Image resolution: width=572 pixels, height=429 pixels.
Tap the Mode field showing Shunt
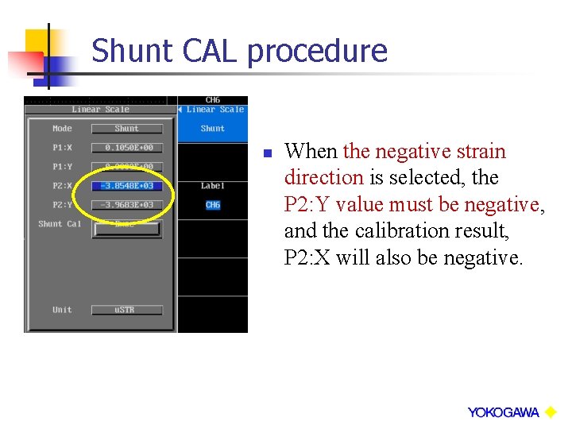[126, 129]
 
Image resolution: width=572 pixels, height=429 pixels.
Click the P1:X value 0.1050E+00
[126, 148]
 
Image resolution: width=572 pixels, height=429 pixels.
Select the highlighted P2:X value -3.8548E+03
[126, 186]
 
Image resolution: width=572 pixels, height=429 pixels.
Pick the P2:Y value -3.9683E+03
[126, 205]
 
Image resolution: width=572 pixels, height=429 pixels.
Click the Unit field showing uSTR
[126, 310]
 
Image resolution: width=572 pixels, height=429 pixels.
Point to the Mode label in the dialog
[62, 129]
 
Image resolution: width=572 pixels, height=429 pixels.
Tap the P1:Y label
[62, 167]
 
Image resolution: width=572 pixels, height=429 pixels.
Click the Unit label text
[62, 310]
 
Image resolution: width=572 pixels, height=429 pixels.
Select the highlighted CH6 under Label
[212, 205]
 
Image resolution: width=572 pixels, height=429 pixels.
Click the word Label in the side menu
[212, 186]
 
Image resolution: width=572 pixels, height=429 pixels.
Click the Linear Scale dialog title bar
[100, 110]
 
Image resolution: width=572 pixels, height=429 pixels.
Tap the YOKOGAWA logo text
[503, 412]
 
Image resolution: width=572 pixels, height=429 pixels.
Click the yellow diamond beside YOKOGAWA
[550, 412]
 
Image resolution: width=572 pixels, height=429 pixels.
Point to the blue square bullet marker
[268, 153]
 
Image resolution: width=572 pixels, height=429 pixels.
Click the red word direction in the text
[323, 177]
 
